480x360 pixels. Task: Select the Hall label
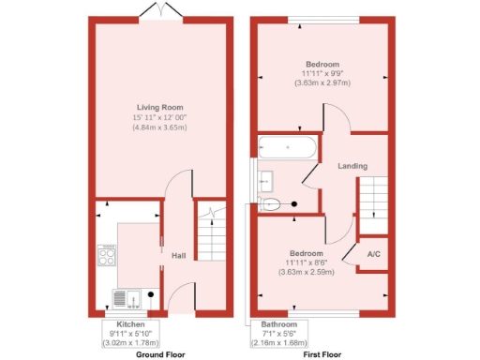tap(177, 255)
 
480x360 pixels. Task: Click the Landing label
tap(352, 165)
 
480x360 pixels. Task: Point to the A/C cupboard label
tap(372, 254)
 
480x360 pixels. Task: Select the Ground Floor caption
tap(159, 354)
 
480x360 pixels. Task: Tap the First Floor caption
tap(322, 354)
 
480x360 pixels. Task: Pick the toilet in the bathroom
tap(272, 202)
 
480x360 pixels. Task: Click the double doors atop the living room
tap(159, 11)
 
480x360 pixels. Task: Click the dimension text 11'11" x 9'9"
tap(322, 73)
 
